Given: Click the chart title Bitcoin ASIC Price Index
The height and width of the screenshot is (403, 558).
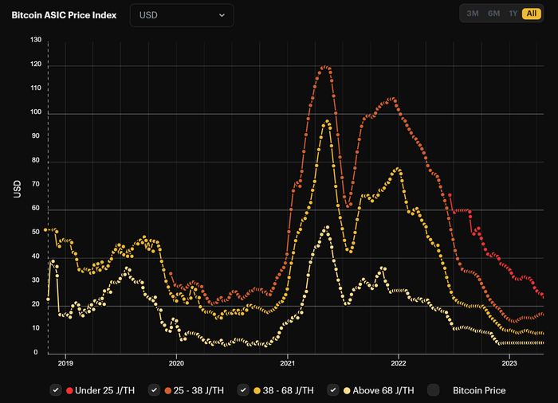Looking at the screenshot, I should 64,15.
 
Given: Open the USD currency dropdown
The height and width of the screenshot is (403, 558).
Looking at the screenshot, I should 182,15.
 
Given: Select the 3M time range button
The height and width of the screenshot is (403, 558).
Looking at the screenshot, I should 473,14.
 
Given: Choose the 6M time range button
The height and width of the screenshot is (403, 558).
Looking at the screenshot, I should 493,14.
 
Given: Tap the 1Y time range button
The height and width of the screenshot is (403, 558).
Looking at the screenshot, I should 513,14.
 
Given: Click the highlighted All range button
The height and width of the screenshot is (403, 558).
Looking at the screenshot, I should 531,14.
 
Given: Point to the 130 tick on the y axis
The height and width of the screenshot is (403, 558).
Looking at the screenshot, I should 36,40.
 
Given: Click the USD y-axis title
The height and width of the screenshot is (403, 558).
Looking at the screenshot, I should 18,190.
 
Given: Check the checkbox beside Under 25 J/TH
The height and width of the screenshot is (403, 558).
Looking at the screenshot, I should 56,390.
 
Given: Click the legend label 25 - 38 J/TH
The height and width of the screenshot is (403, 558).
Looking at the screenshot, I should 196,390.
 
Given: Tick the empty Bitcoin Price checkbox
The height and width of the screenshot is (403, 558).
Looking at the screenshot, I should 434,390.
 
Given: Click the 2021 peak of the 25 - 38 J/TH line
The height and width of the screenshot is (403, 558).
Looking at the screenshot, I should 324,68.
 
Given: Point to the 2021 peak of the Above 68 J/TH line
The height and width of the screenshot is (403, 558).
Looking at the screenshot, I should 326,228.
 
